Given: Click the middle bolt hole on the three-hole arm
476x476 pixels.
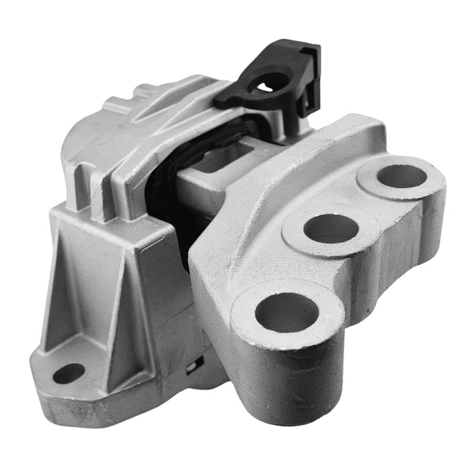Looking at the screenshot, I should click(330, 228).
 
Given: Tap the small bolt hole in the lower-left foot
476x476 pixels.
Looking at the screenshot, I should click(68, 373).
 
